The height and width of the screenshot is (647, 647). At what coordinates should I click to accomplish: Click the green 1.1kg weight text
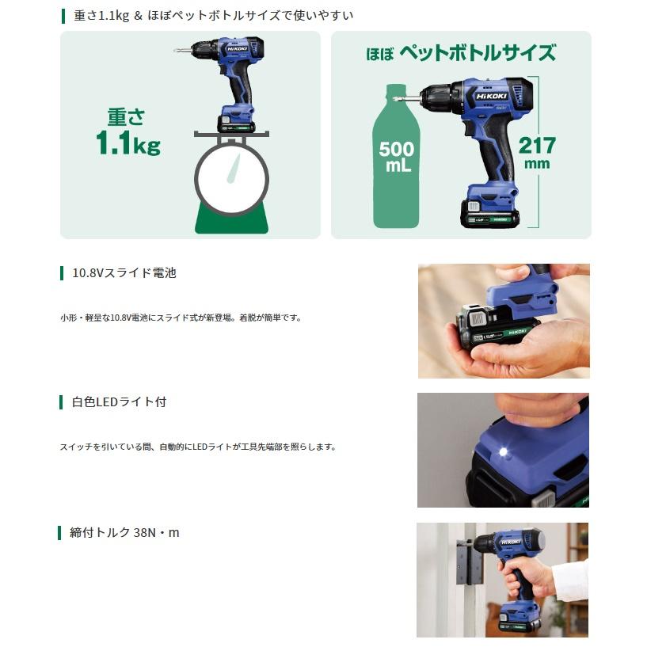(128, 143)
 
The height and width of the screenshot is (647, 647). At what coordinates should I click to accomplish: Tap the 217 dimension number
(537, 145)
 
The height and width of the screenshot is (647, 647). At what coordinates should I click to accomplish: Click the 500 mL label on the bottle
(397, 156)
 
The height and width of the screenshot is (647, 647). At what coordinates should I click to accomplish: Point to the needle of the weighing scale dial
(234, 169)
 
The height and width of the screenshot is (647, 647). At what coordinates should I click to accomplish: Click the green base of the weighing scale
(231, 219)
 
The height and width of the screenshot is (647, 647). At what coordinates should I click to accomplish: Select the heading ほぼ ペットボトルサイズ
(462, 53)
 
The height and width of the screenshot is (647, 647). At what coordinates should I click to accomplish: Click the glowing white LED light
(504, 452)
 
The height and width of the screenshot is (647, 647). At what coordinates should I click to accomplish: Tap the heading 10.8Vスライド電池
(124, 272)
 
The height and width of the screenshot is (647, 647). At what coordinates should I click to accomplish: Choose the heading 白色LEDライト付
(120, 402)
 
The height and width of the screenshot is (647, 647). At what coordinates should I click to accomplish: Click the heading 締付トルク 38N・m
(124, 533)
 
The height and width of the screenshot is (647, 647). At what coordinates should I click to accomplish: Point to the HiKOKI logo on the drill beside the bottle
(492, 96)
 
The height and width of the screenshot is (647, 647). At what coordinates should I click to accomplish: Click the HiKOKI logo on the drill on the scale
(237, 48)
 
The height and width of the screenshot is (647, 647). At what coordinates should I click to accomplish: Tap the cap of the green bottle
(397, 88)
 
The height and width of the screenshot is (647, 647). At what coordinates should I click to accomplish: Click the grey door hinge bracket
(470, 561)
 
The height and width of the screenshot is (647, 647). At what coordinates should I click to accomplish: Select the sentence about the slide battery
(181, 318)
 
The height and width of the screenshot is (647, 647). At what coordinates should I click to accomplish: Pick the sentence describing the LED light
(199, 447)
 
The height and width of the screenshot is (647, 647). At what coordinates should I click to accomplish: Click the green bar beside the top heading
(63, 16)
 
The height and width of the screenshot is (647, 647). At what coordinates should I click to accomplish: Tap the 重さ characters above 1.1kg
(126, 116)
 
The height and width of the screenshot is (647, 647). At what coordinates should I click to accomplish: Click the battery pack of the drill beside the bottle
(489, 213)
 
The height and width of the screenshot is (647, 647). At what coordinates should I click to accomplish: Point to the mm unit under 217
(537, 164)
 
